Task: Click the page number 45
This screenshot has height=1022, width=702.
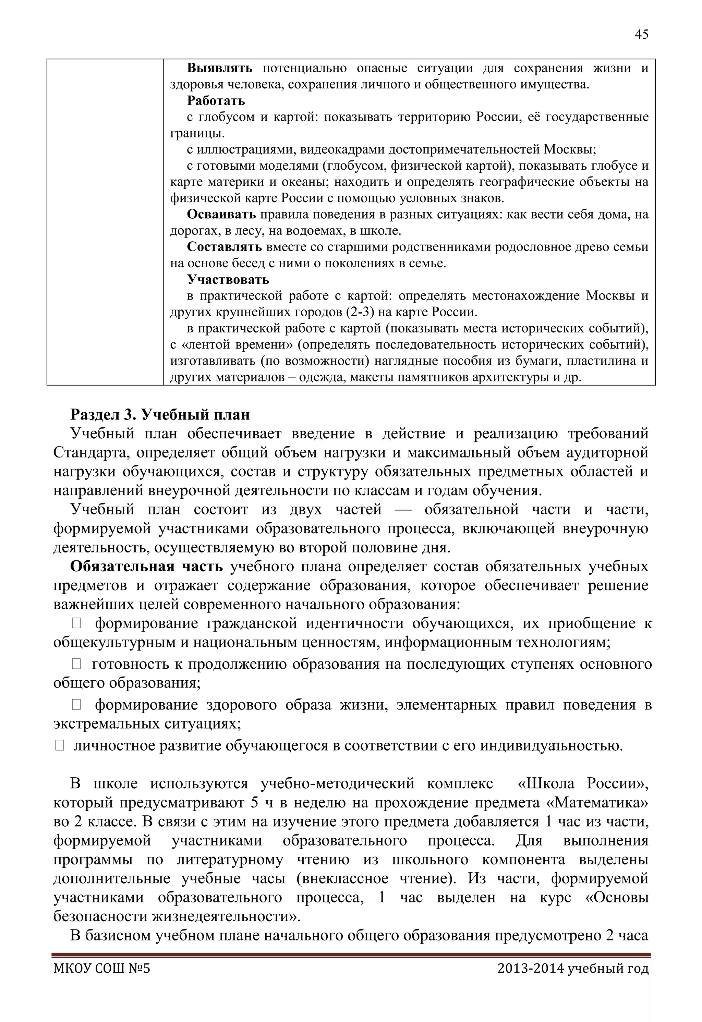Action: pos(641,35)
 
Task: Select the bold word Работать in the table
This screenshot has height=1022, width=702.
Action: pos(216,101)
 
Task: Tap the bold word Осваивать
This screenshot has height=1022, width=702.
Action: pos(221,215)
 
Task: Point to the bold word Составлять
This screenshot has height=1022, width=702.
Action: pos(224,247)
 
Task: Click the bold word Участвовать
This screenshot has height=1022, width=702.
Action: pos(228,280)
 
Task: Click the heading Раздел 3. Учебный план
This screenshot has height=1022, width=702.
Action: pos(160,415)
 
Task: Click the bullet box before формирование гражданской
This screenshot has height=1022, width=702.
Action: pos(76,623)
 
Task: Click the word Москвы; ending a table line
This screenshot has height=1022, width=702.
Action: pos(570,149)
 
